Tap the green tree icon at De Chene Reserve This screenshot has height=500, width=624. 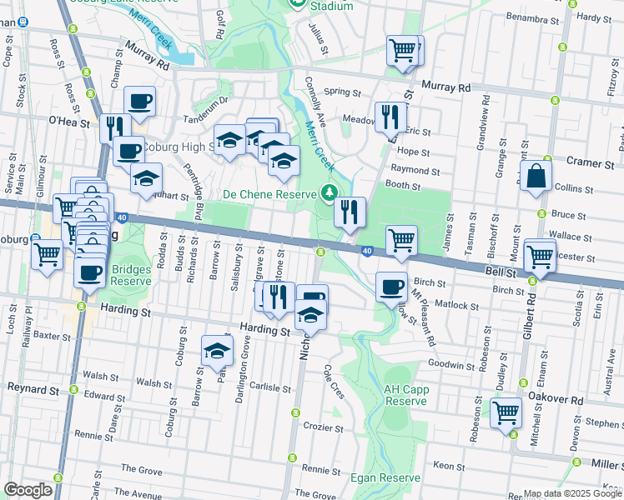(330, 193)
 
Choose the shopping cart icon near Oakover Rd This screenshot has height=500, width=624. (506, 411)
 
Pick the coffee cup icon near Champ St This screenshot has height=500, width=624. (139, 101)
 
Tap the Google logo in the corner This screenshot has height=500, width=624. (28, 489)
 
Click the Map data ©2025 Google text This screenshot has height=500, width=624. (572, 493)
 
